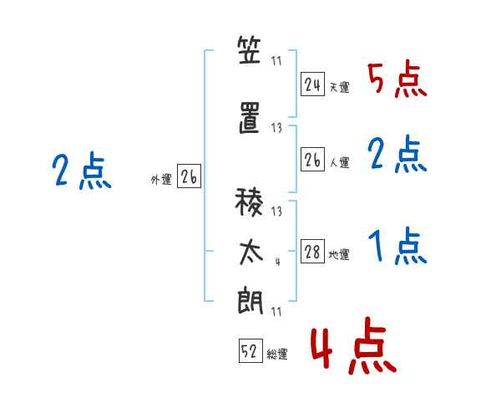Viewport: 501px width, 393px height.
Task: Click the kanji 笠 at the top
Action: pyautogui.click(x=249, y=49)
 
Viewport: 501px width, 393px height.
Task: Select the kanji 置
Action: pyautogui.click(x=250, y=117)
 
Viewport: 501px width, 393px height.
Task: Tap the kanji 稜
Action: pyautogui.click(x=249, y=202)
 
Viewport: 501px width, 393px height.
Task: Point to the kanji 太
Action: pyautogui.click(x=251, y=253)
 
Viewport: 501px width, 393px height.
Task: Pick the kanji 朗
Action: pyautogui.click(x=250, y=300)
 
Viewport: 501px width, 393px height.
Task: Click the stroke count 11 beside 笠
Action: pyautogui.click(x=276, y=61)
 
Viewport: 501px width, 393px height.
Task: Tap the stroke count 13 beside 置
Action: pyautogui.click(x=276, y=128)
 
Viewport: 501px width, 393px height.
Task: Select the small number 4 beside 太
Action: pyautogui.click(x=278, y=262)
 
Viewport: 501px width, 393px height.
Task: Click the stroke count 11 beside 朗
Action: pyautogui.click(x=276, y=312)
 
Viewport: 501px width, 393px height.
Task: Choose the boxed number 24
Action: pyautogui.click(x=312, y=84)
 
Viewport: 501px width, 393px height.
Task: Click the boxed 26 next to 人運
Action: pyautogui.click(x=312, y=159)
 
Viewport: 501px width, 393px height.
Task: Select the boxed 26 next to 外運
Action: pyautogui.click(x=189, y=176)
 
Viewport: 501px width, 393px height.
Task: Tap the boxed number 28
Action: pyautogui.click(x=312, y=251)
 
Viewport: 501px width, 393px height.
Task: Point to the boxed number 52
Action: pyautogui.click(x=250, y=350)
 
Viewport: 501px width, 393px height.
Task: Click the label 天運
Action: pyautogui.click(x=339, y=87)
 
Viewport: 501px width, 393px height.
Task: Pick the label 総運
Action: pyautogui.click(x=277, y=354)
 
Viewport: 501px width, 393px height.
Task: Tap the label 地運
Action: pyautogui.click(x=339, y=255)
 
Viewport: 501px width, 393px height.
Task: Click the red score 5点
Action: pyautogui.click(x=397, y=80)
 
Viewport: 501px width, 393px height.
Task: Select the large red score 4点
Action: pyautogui.click(x=354, y=345)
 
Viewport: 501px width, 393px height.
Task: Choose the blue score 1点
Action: pyautogui.click(x=397, y=246)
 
